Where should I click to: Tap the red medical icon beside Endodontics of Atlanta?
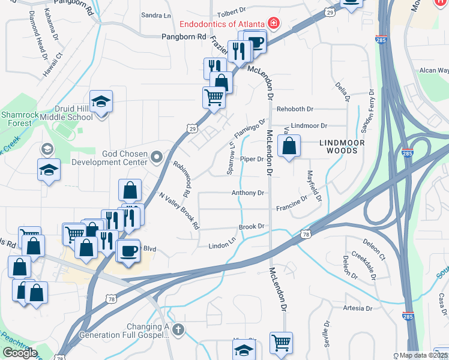274,23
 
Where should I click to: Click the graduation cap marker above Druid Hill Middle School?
101,102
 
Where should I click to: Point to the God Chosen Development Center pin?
157,158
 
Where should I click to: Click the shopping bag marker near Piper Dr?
289,146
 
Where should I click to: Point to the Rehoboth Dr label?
295,109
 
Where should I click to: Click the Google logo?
20,353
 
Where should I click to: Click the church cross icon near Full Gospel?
178,329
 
